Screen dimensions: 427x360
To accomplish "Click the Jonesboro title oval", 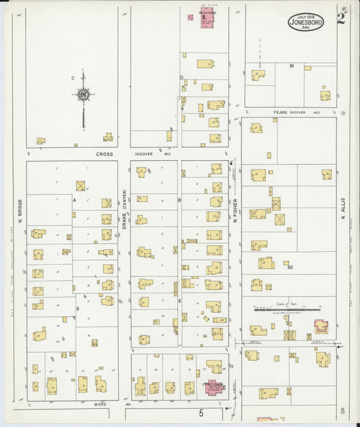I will pyautogui.click(x=307, y=22).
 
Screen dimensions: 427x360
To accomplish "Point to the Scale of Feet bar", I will pyautogui.click(x=282, y=310).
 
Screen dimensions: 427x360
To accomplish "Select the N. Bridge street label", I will pyautogui.click(x=21, y=211).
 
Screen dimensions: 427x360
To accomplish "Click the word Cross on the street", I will pyautogui.click(x=103, y=154).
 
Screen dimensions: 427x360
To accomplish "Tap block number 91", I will pyautogui.click(x=291, y=66).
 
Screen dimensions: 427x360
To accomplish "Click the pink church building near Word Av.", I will pyautogui.click(x=215, y=388).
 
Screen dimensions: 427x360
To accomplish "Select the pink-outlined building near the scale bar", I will pyautogui.click(x=320, y=327).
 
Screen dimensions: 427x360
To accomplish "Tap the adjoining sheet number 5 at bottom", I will pyautogui.click(x=201, y=411).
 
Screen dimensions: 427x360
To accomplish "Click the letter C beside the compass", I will pyautogui.click(x=72, y=78).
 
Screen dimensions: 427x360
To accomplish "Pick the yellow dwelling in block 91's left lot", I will pyautogui.click(x=258, y=75).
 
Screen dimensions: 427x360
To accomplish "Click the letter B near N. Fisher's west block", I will pyautogui.click(x=179, y=200).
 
